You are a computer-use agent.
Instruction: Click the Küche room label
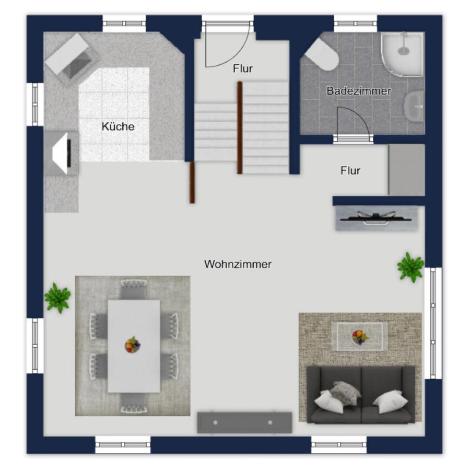(118, 126)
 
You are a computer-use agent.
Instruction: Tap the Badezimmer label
(359, 91)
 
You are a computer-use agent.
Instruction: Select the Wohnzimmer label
(238, 264)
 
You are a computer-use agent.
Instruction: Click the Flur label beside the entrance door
(243, 68)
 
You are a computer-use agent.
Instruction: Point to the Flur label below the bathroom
(350, 171)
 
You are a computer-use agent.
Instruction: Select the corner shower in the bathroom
(402, 54)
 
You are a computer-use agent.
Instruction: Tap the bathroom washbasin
(414, 107)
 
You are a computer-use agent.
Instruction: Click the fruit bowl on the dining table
(133, 345)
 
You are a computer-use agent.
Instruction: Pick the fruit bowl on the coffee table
(360, 337)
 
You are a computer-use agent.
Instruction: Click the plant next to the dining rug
(57, 298)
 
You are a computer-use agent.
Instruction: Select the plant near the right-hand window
(410, 267)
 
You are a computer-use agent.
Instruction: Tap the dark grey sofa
(361, 394)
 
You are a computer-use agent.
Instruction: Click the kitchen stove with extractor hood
(62, 153)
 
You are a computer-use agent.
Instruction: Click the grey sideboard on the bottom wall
(244, 422)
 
